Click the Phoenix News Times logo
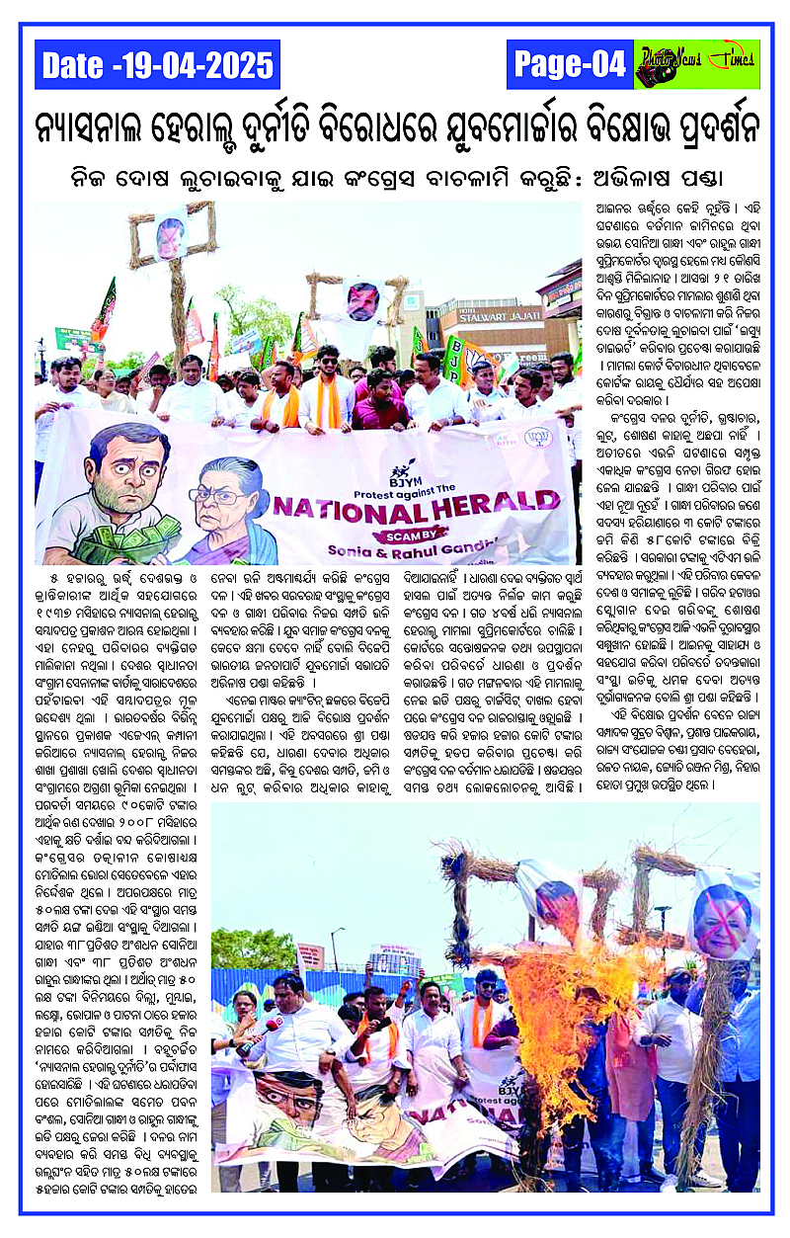[696, 64]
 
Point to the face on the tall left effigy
[170, 237]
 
